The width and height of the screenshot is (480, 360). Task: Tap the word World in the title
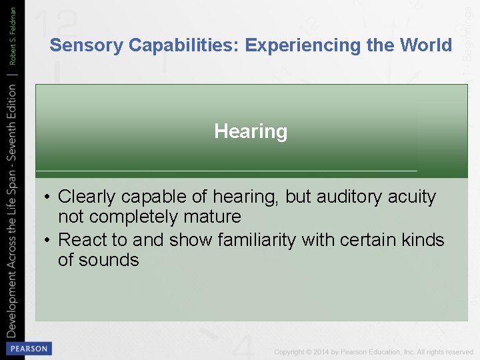pyautogui.click(x=425, y=45)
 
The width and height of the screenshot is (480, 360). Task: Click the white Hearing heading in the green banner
pyautogui.click(x=251, y=131)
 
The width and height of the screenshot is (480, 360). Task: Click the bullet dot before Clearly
pyautogui.click(x=48, y=197)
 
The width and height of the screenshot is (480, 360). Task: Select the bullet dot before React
pyautogui.click(x=48, y=240)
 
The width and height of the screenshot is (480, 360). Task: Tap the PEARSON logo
pyautogui.click(x=28, y=349)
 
